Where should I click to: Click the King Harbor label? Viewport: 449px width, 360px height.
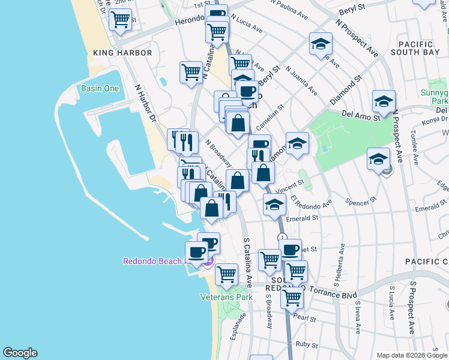point(122,53)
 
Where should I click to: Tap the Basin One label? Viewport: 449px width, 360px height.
point(100,89)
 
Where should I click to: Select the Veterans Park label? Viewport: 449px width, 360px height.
point(226,296)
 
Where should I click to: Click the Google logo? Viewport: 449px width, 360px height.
point(20,353)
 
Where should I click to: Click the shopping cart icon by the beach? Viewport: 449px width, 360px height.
point(121,20)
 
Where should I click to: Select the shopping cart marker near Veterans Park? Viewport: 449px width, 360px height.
point(226,274)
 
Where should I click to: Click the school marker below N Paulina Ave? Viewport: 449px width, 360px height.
point(321,43)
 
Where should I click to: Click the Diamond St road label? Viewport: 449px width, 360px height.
point(346,88)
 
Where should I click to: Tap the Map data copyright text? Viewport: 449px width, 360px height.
point(412,355)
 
